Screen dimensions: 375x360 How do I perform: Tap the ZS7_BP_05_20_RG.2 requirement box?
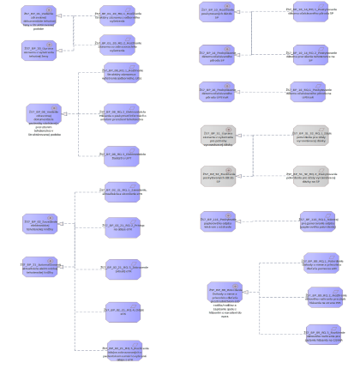pyautogui.click(x=117, y=48)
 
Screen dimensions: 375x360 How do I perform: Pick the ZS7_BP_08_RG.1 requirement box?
pyautogui.click(x=122, y=74)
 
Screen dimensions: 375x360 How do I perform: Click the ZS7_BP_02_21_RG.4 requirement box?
pyautogui.click(x=123, y=310)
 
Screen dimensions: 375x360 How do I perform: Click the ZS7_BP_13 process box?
pyautogui.click(x=218, y=15)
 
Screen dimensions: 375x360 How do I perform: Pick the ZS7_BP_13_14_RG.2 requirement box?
pyautogui.click(x=309, y=56)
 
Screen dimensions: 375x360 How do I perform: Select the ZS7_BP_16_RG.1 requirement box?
pyautogui.click(x=309, y=92)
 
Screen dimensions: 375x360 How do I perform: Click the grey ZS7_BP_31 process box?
pyautogui.click(x=218, y=136)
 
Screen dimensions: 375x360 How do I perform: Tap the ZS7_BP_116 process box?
pyautogui.click(x=218, y=221)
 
